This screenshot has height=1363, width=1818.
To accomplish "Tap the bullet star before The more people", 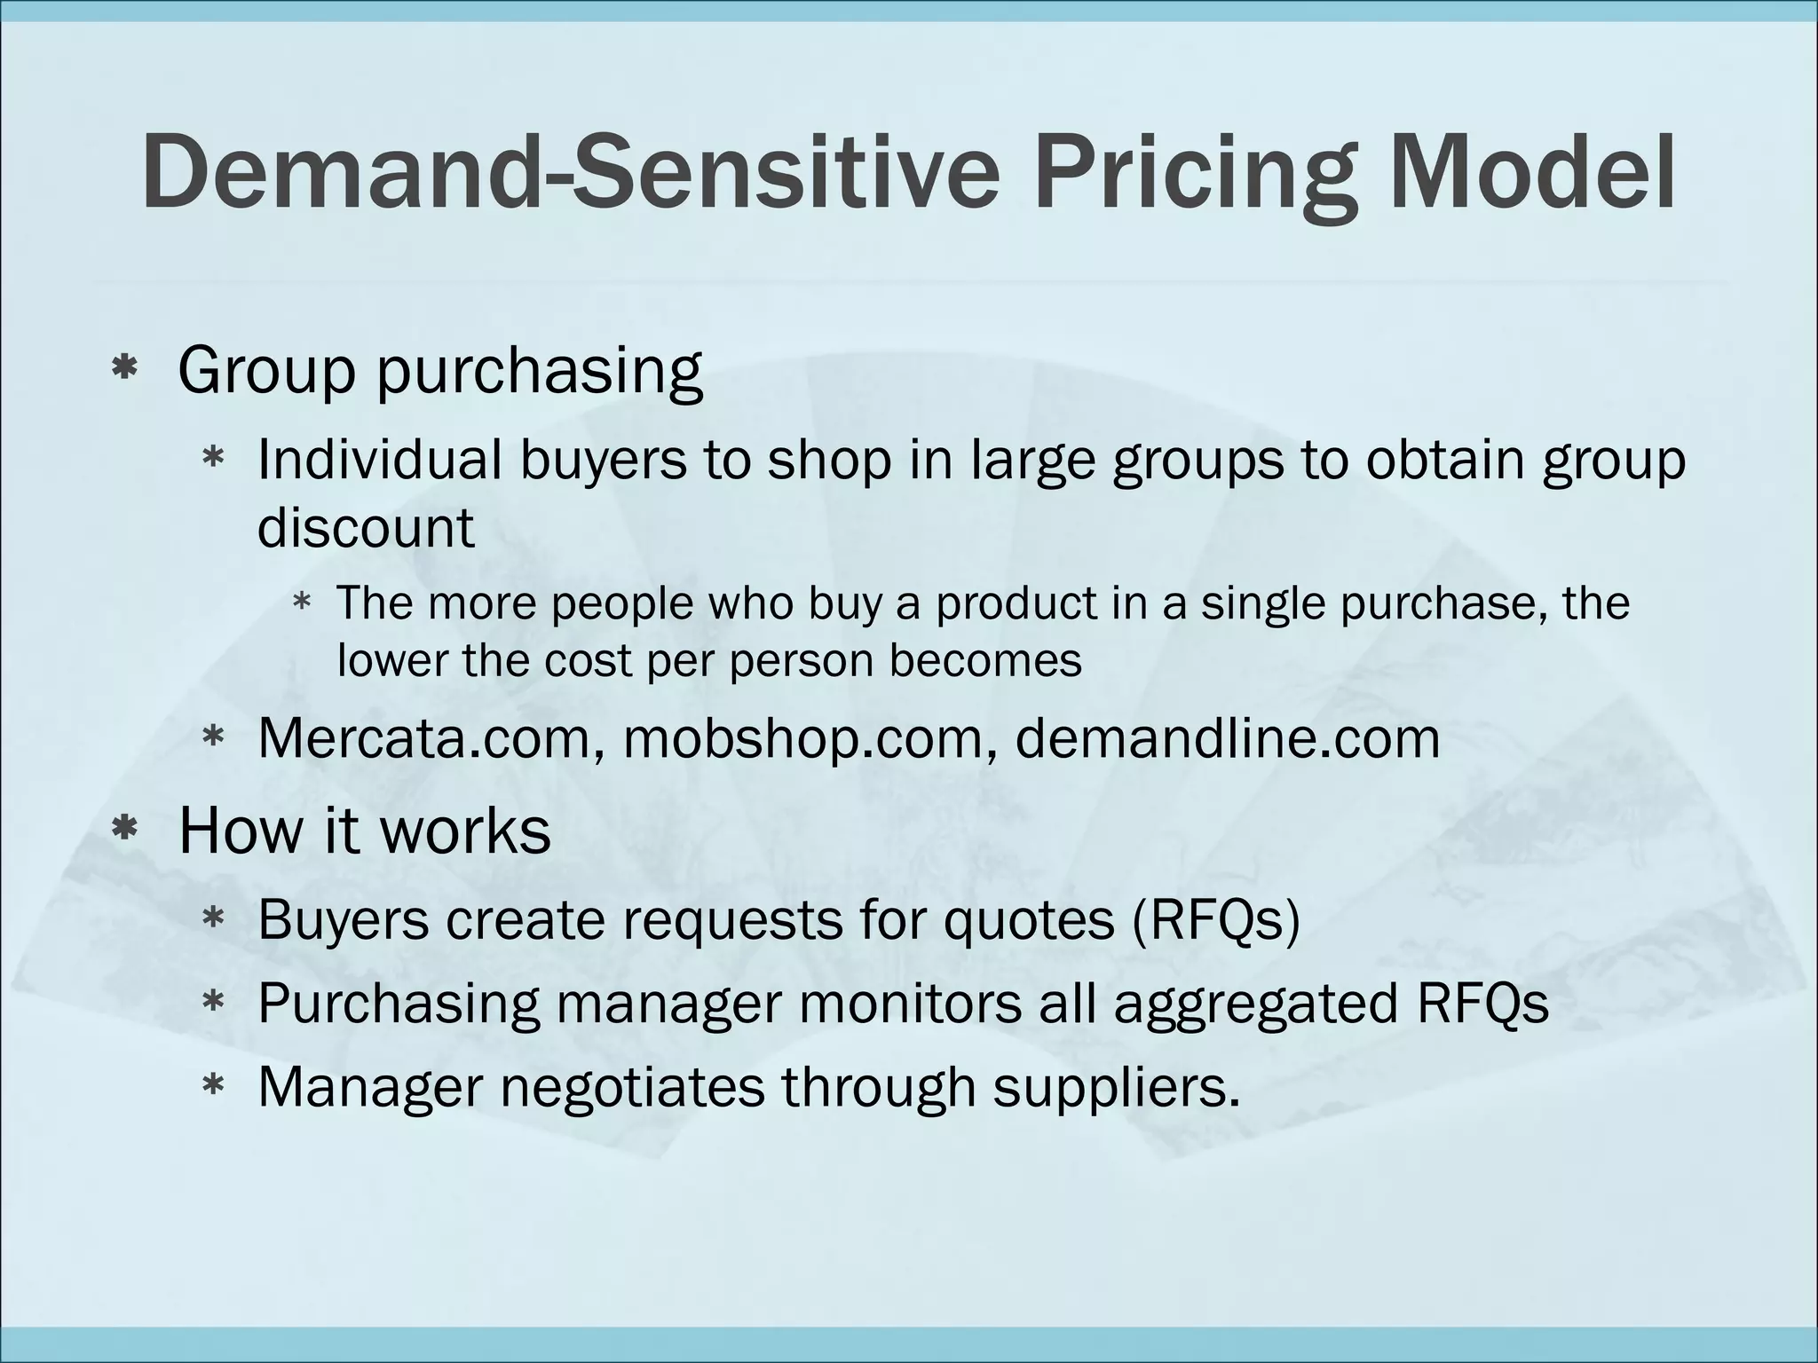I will tap(302, 603).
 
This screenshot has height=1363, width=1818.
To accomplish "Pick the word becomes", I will tap(985, 660).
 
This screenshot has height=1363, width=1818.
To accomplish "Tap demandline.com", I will tap(1227, 738).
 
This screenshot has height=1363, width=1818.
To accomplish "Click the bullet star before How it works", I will tap(124, 830).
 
